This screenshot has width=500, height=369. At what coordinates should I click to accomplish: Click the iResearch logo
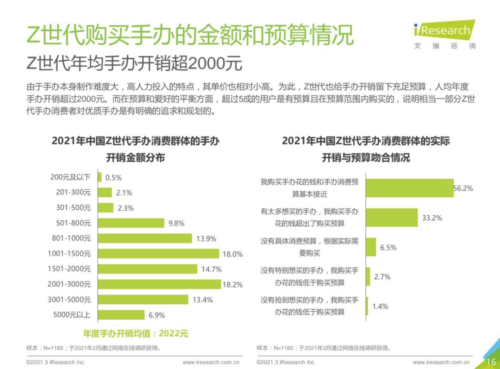tap(444, 33)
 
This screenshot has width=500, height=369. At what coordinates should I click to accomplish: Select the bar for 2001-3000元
tap(159, 284)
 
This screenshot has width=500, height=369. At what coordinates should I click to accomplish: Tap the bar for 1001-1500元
tap(158, 254)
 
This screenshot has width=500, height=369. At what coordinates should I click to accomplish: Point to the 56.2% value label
tap(463, 188)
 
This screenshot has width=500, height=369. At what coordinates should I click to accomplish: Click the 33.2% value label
tap(431, 218)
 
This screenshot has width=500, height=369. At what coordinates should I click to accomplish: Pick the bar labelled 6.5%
tap(371, 247)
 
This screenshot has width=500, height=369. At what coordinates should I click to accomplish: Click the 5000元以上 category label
tap(72, 315)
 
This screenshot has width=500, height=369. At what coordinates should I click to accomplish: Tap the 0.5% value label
tap(113, 178)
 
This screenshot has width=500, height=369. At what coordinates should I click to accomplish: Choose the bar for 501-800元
tap(131, 223)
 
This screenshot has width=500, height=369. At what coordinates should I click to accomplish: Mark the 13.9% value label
tap(206, 238)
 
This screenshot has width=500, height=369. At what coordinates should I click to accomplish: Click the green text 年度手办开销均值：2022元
tap(136, 333)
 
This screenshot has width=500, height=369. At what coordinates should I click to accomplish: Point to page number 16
tap(491, 362)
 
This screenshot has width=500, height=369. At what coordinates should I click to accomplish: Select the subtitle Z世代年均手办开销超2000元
tap(134, 63)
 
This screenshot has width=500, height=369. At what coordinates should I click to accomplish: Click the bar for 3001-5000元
tap(143, 300)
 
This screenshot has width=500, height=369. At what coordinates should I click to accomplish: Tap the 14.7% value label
tap(211, 269)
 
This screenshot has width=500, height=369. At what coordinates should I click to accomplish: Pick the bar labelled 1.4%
tap(367, 306)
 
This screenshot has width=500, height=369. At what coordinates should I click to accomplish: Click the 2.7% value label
tap(382, 277)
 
